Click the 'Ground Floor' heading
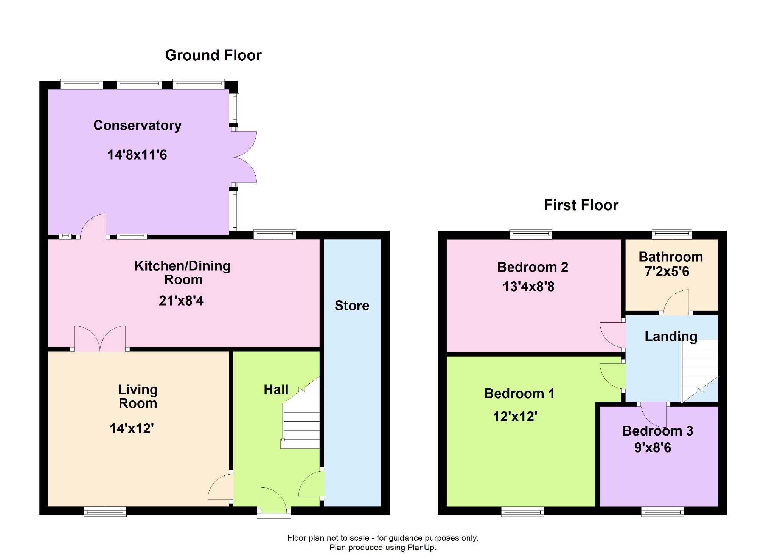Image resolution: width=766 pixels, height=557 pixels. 213,55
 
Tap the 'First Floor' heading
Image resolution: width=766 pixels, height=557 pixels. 581,205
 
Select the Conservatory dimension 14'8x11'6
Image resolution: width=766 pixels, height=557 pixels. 137,155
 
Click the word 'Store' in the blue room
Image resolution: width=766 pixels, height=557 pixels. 352,306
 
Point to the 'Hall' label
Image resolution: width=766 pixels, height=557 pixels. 276,389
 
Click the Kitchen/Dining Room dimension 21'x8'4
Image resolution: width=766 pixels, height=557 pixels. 181,301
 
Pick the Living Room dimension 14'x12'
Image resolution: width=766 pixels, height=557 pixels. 132,428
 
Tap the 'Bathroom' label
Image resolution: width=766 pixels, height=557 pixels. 671,257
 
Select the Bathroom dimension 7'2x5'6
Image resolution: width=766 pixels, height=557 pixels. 667,272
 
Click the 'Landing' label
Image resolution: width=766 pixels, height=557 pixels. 671,337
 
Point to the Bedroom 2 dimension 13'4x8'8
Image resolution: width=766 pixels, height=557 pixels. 528,287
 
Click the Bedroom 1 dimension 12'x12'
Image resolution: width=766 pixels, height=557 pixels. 515,417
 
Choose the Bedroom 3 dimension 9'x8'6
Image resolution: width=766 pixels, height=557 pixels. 653,448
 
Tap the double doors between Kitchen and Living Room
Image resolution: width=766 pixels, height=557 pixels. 100,338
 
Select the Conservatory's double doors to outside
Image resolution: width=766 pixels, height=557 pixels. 244,157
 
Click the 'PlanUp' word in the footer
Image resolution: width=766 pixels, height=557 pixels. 421,548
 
